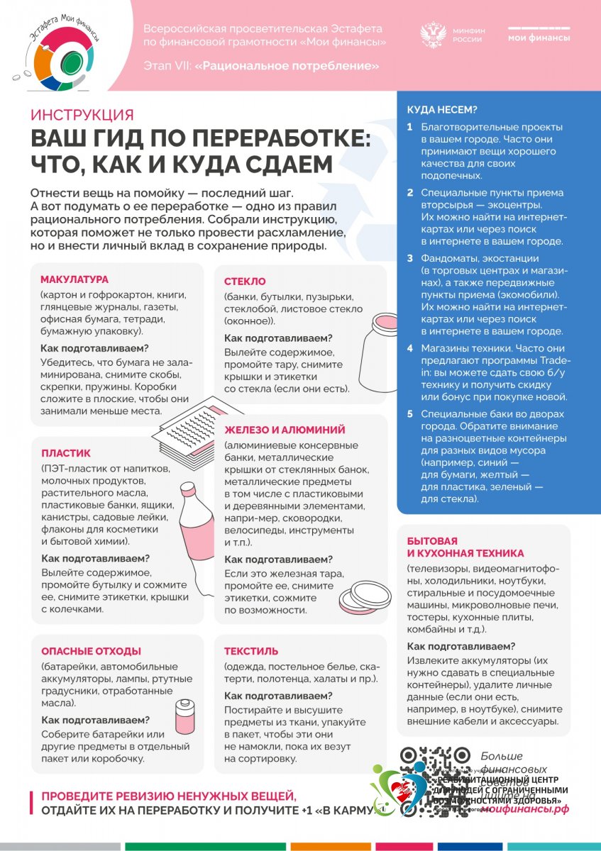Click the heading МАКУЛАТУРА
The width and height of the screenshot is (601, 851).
click(75, 279)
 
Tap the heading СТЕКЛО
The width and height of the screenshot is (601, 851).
click(245, 282)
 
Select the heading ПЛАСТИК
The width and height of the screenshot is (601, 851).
click(66, 453)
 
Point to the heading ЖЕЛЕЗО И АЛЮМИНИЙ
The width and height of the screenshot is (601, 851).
click(285, 430)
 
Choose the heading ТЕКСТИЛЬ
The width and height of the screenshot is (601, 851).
click(251, 651)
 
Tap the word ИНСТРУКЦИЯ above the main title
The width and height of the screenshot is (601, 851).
click(82, 115)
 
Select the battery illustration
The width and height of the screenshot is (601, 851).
click(186, 717)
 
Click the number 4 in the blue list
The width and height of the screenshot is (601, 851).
click(410, 348)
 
